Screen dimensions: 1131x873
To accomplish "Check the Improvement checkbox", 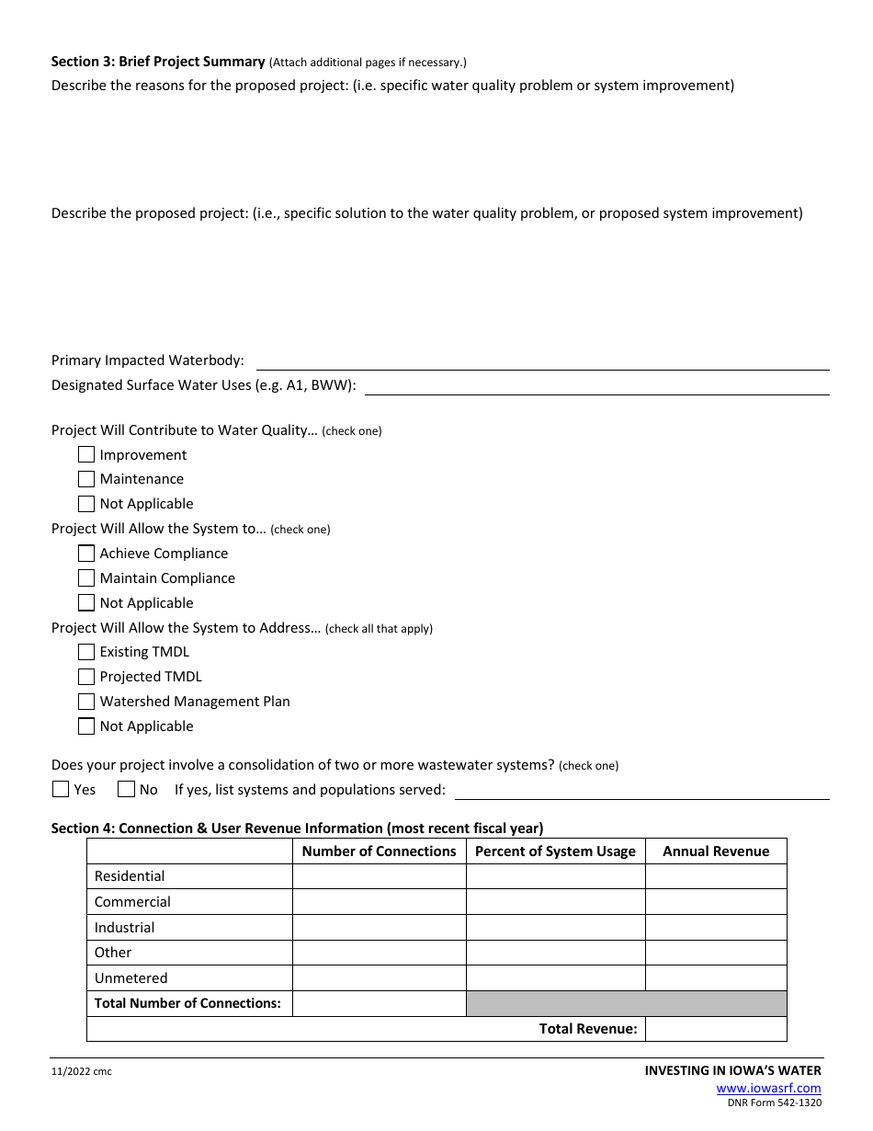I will [x=86, y=454].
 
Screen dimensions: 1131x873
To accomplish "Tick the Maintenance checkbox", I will [x=86, y=479].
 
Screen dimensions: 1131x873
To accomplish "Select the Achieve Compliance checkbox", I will [x=86, y=554].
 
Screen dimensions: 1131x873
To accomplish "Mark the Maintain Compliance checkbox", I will [x=86, y=578].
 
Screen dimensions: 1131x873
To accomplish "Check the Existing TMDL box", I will [x=86, y=652].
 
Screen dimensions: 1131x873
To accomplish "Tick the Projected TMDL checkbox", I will [x=86, y=677].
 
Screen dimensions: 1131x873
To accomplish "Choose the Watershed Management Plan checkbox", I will [x=86, y=702].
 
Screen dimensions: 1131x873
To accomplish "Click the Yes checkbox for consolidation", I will [x=61, y=789].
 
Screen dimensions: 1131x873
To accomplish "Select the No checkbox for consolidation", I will [x=126, y=789].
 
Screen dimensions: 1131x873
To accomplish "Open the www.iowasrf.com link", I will [x=768, y=1089].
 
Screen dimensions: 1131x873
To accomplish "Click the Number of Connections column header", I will [x=379, y=851].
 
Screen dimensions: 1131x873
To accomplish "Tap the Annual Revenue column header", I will [x=716, y=851].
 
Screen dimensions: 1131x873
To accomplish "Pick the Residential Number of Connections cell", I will [x=379, y=876].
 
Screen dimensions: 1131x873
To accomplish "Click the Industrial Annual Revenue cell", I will [x=716, y=928].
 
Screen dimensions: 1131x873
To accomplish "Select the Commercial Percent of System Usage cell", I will [x=555, y=902].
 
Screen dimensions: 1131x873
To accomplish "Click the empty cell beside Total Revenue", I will [x=716, y=1029].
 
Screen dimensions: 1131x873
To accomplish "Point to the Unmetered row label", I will [x=131, y=978].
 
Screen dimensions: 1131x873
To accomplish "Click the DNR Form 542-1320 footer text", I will [x=775, y=1103].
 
